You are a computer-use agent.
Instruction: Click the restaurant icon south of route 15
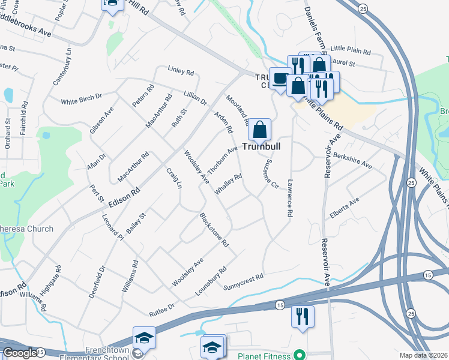[x=303, y=316]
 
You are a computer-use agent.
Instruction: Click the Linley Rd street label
[x=181, y=72]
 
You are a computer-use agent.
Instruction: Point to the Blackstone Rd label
[x=214, y=230]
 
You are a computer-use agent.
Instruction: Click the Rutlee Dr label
[x=161, y=310]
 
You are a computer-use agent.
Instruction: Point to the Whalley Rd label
[x=229, y=184]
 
